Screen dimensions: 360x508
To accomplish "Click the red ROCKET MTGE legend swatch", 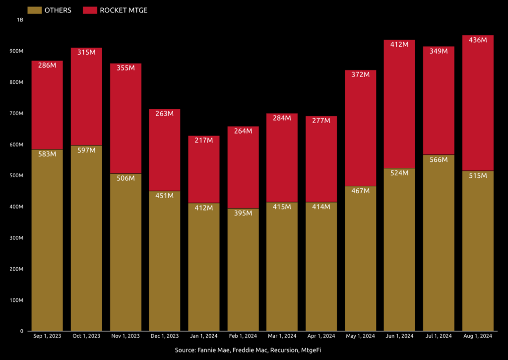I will click(90, 10).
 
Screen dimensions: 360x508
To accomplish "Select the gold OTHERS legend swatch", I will click(34, 10).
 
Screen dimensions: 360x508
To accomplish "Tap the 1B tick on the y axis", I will click(20, 20).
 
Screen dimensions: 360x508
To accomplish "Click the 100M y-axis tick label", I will click(15, 300).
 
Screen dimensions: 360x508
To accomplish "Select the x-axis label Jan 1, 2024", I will click(203, 336).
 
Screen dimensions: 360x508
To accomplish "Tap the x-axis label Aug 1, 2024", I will click(478, 336).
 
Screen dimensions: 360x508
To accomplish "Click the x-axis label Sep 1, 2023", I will click(47, 336).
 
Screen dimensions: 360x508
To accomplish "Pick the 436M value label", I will click(478, 40).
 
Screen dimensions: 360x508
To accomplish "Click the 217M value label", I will click(203, 141).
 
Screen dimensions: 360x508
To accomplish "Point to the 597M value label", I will click(86, 150).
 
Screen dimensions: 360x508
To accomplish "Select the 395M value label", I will click(243, 213).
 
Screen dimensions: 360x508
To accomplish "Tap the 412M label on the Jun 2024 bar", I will click(399, 45).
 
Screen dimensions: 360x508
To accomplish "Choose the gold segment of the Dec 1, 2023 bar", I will click(164, 263).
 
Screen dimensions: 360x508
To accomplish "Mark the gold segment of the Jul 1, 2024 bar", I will click(439, 248).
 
